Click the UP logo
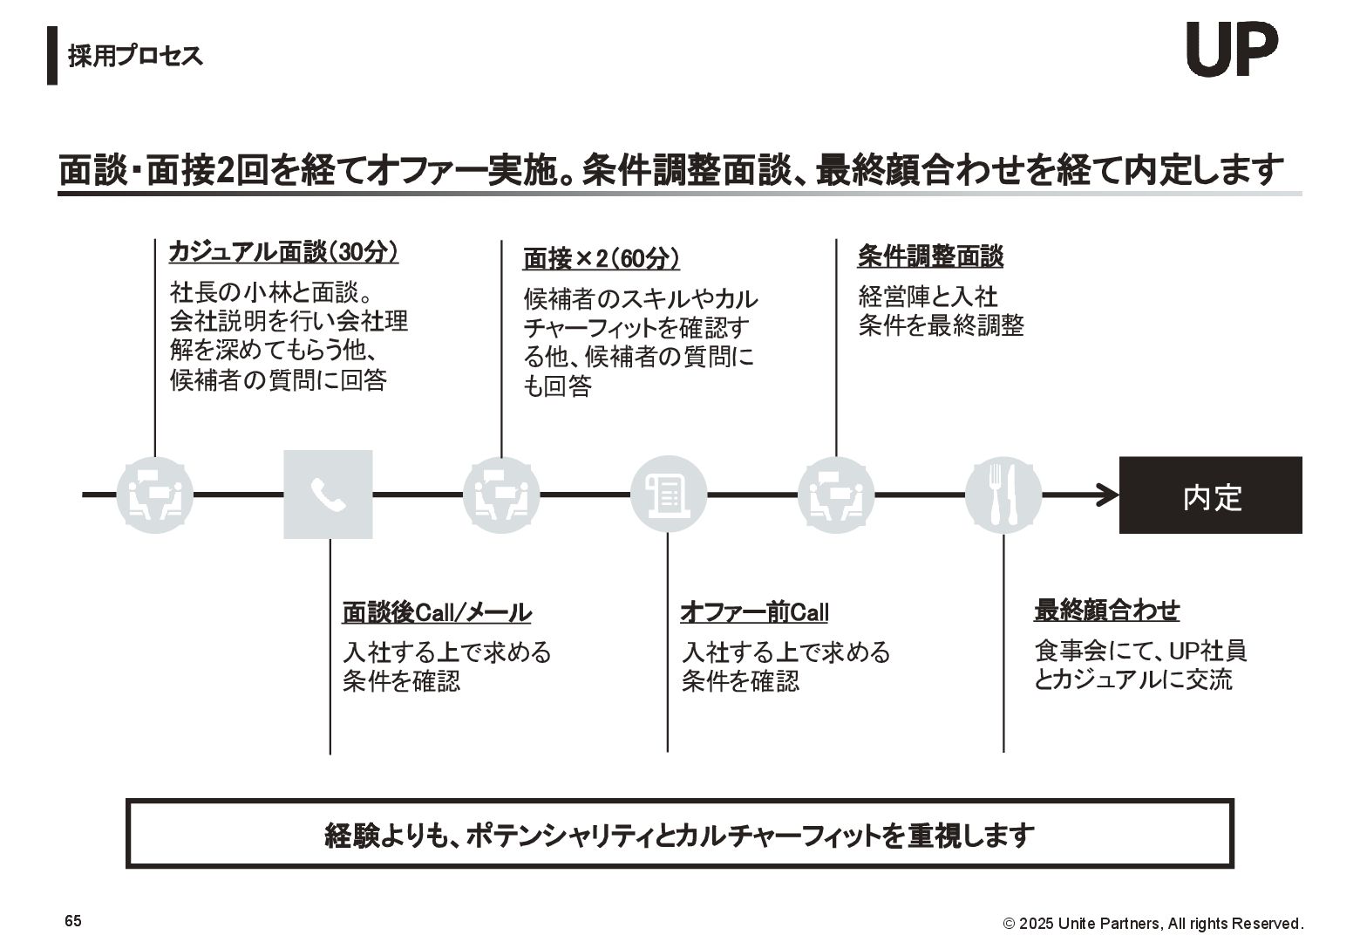pyautogui.click(x=1232, y=50)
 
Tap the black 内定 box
pyautogui.click(x=1210, y=495)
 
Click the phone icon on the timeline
pyautogui.click(x=328, y=495)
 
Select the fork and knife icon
pyautogui.click(x=1003, y=495)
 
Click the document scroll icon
pyautogui.click(x=668, y=495)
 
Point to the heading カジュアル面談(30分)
pyautogui.click(x=283, y=252)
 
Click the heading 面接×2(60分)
pyautogui.click(x=602, y=259)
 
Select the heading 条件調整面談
pyautogui.click(x=930, y=256)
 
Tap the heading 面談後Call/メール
pyautogui.click(x=437, y=612)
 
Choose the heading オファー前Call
pyautogui.click(x=754, y=612)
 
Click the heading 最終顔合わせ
pyautogui.click(x=1106, y=611)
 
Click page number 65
pyautogui.click(x=73, y=921)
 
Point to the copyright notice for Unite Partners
pyautogui.click(x=1153, y=924)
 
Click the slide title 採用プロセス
pyautogui.click(x=136, y=56)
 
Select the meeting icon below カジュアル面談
pyautogui.click(x=155, y=495)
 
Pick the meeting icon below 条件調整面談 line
pyautogui.click(x=836, y=495)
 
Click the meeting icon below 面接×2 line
pyautogui.click(x=501, y=495)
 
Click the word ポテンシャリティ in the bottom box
pyautogui.click(x=558, y=836)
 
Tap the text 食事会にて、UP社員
pyautogui.click(x=1140, y=651)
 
